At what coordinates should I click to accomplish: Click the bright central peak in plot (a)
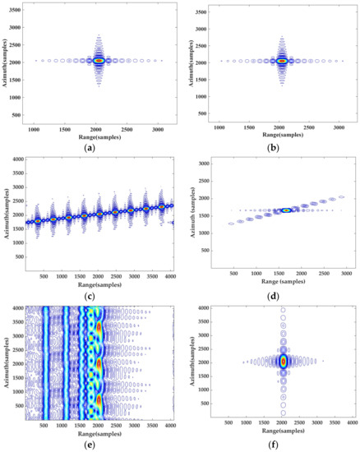point(99,60)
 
